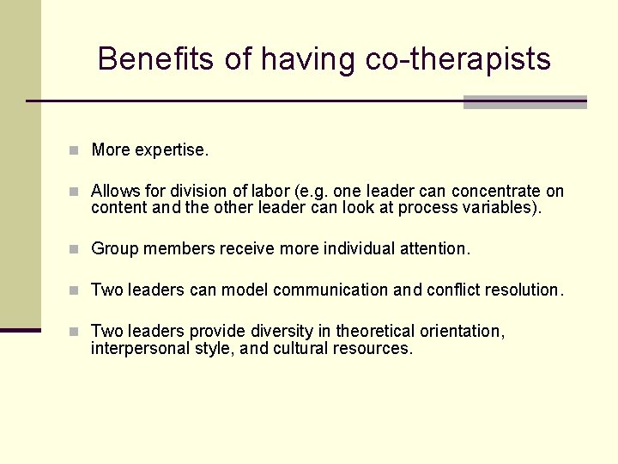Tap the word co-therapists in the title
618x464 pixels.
pyautogui.click(x=458, y=59)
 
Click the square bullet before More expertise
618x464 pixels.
pyautogui.click(x=76, y=150)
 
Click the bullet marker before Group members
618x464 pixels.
pyautogui.click(x=76, y=249)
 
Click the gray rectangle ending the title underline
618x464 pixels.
pyautogui.click(x=524, y=102)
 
